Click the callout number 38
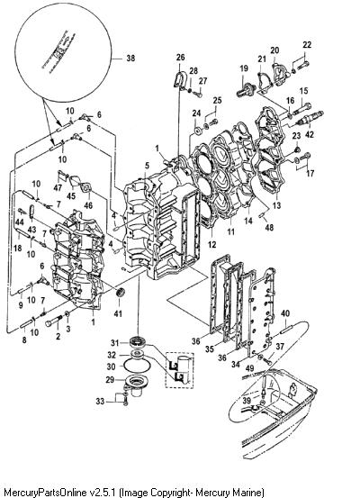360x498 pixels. pos(130,59)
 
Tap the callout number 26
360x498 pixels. pos(180,57)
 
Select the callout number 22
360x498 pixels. pos(307,45)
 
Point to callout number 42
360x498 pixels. pos(310,134)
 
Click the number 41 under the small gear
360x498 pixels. pos(118,313)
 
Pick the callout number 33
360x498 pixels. pos(100,401)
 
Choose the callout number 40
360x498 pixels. pos(285,313)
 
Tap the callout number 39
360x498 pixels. pos(247,400)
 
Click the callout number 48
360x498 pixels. pos(269,227)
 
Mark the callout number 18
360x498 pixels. pos(17,248)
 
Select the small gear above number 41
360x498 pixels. pos(121,292)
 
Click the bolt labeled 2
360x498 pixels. pos(54,321)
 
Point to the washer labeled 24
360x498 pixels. pos(198,131)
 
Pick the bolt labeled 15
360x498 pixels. pos(301,109)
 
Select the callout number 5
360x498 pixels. pos(147,165)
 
